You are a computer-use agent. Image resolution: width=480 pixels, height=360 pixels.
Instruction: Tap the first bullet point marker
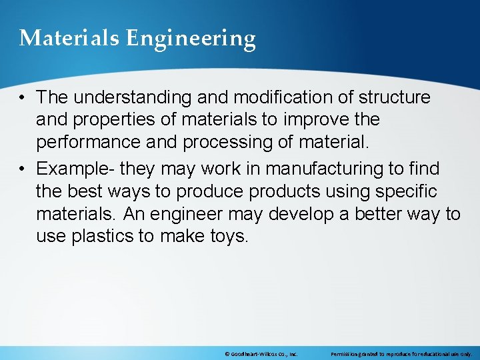[x=23, y=97]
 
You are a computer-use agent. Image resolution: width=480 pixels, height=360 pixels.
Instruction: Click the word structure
[x=395, y=97]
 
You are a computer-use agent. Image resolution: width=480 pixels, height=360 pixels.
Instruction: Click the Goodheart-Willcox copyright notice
[x=260, y=354]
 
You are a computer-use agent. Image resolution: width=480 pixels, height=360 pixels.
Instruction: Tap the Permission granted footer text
[x=401, y=354]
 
